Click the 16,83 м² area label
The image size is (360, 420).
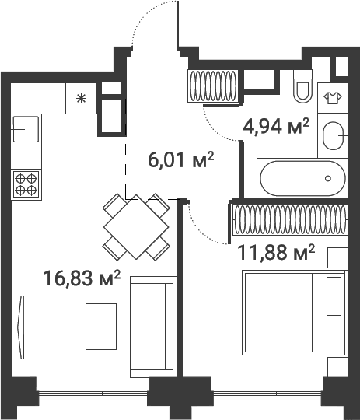[82, 278]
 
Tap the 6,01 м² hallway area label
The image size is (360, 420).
[181, 160]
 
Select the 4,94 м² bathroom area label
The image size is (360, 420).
[276, 126]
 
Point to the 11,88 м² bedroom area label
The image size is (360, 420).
[276, 252]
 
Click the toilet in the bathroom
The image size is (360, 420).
[302, 86]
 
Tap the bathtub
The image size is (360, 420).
[302, 178]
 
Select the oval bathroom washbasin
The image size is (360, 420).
[334, 136]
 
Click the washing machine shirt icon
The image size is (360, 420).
[333, 98]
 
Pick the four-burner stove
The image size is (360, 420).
[26, 184]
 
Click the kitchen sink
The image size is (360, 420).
[26, 129]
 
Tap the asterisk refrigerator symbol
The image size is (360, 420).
[81, 99]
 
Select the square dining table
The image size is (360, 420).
[136, 227]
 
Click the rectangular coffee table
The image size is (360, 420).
[101, 327]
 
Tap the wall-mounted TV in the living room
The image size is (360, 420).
[21, 327]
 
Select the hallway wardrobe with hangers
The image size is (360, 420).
[213, 86]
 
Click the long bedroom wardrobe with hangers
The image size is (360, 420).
[290, 219]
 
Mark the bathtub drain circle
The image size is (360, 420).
[328, 178]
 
